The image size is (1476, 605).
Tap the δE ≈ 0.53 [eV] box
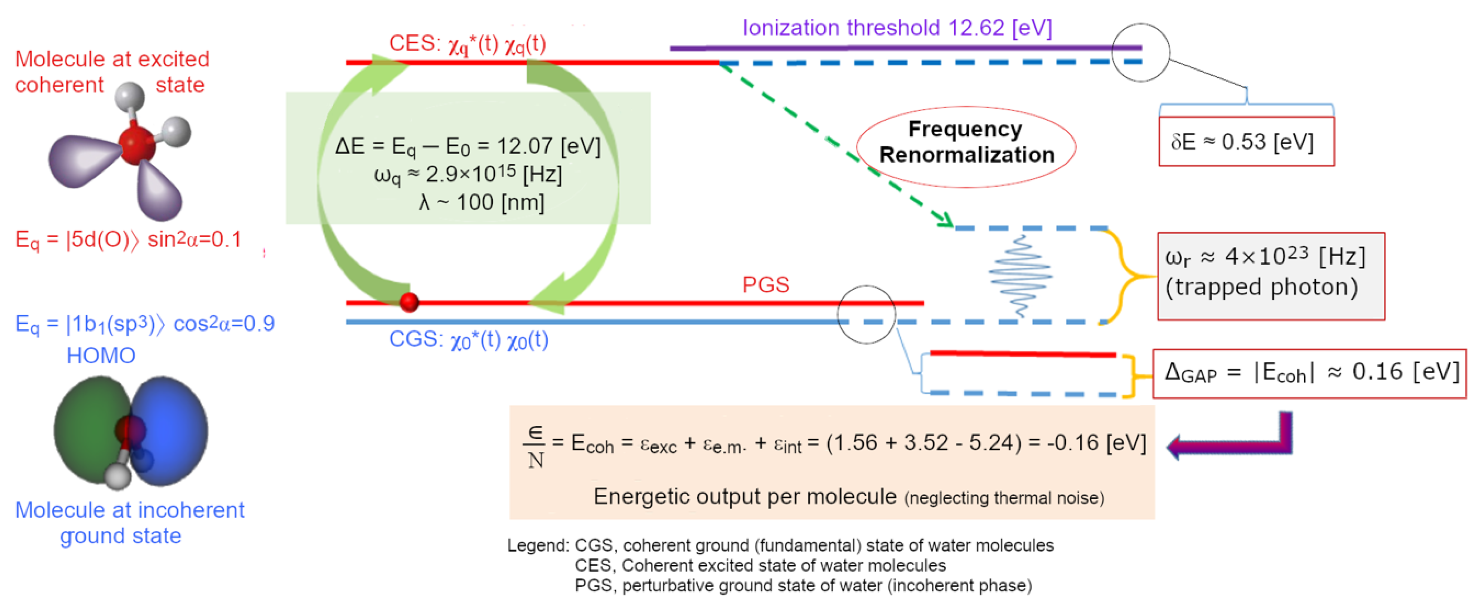coord(1246,142)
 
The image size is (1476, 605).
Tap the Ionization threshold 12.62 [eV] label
coord(897,27)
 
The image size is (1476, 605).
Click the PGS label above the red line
coord(766,285)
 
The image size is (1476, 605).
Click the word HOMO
coord(101,356)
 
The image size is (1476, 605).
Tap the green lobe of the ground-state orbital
coord(86,430)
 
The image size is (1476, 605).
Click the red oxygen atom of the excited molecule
coord(136,146)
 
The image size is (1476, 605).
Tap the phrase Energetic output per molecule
coord(744,496)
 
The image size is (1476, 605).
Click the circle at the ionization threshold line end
coord(1140,53)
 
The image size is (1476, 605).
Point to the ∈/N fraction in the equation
coord(535,447)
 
